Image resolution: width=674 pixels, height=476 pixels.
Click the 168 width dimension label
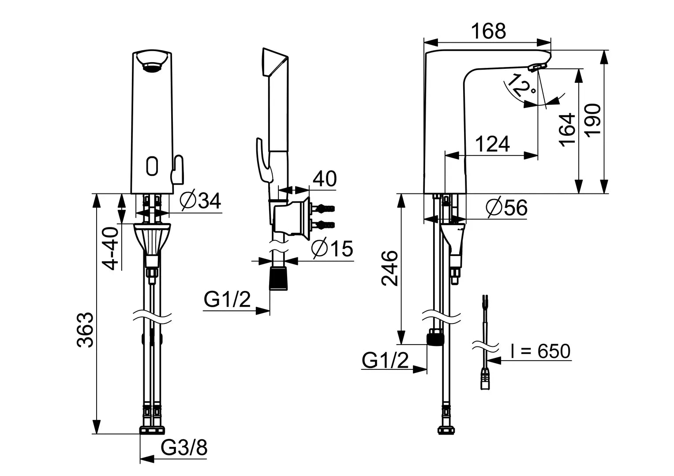[x=488, y=31]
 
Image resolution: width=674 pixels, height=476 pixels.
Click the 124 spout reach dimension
[x=493, y=144]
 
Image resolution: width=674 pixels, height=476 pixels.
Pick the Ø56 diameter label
[x=506, y=207]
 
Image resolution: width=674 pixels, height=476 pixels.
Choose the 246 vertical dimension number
[x=390, y=268]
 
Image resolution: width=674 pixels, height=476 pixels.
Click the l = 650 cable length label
[x=539, y=351]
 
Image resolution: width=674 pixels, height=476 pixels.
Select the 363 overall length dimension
[x=85, y=330]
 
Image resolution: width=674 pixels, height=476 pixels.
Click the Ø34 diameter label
[x=200, y=201]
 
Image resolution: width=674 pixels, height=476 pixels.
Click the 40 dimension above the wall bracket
[x=325, y=178]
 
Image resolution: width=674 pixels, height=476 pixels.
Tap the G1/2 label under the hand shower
[x=227, y=300]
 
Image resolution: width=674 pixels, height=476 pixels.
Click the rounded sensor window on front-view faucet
[x=151, y=166]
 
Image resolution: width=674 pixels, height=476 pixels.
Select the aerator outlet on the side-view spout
[x=535, y=67]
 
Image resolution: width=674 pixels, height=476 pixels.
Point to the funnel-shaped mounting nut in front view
[x=152, y=240]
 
